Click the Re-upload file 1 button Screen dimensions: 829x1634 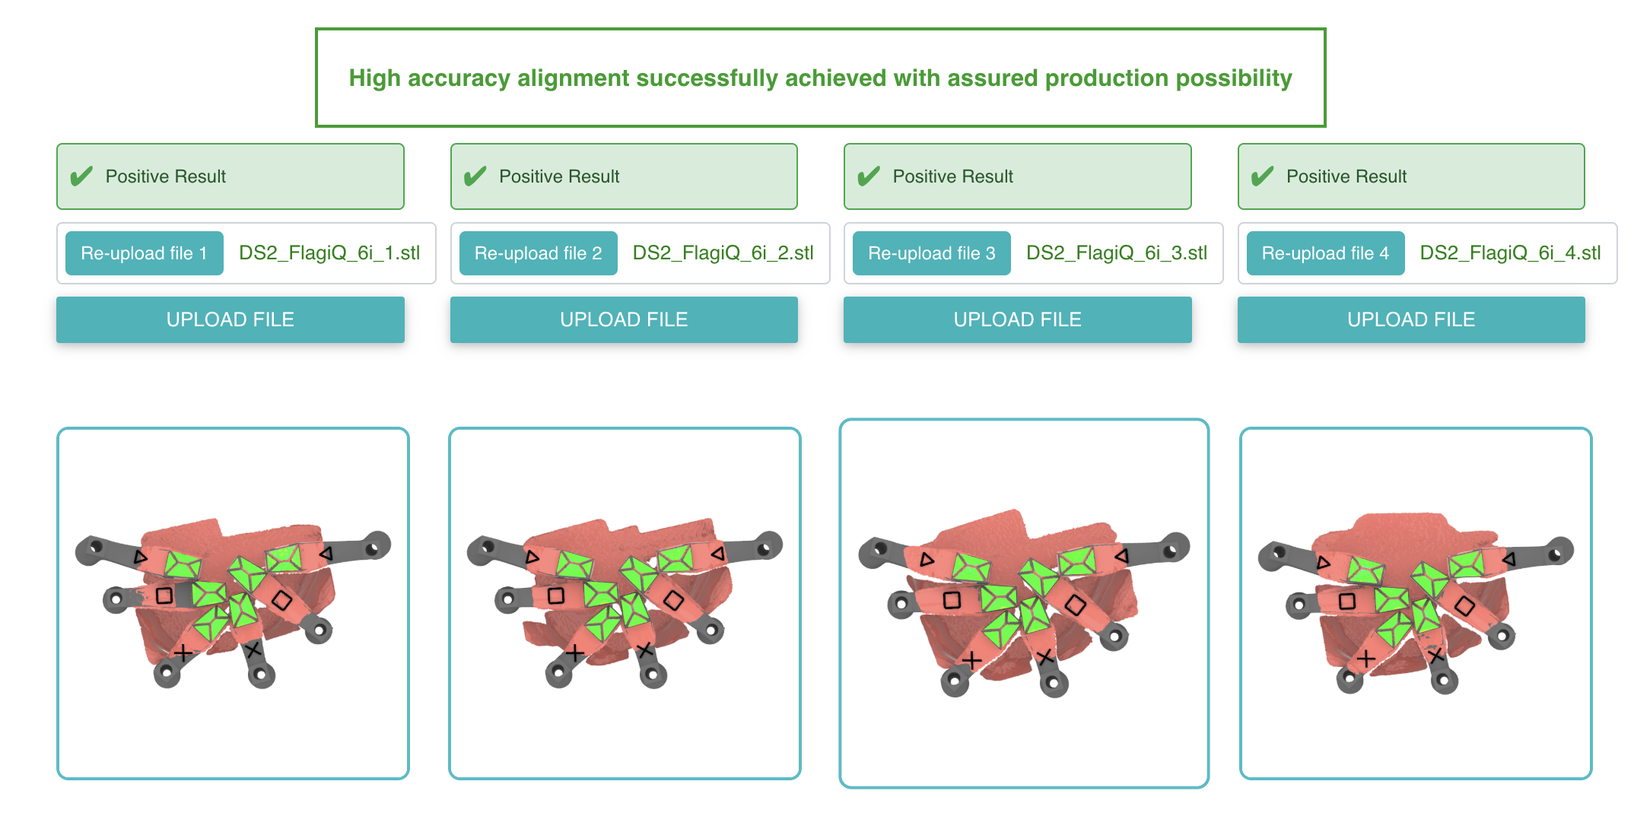tap(144, 253)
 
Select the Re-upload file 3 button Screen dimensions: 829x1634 tap(931, 253)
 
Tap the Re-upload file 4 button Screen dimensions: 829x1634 tap(1324, 253)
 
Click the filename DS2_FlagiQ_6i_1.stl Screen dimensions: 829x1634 tap(329, 253)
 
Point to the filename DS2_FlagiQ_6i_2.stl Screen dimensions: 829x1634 tap(723, 253)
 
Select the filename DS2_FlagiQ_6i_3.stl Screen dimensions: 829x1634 tap(1116, 253)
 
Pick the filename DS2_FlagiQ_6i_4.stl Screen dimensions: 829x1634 tap(1510, 253)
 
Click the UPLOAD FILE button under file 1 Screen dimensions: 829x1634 tap(230, 319)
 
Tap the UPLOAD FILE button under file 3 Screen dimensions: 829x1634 tap(1017, 319)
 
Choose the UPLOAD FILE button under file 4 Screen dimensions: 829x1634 tap(1410, 319)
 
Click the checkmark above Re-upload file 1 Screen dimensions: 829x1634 tap(81, 176)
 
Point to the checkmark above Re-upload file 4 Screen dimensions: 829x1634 tap(1262, 176)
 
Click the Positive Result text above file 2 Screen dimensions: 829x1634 tap(559, 176)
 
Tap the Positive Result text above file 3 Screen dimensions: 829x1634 tap(952, 176)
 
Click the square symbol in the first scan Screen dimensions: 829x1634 tap(164, 595)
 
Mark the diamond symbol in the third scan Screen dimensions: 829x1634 tap(1075, 605)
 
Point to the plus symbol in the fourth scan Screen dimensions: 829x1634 tap(1366, 659)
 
